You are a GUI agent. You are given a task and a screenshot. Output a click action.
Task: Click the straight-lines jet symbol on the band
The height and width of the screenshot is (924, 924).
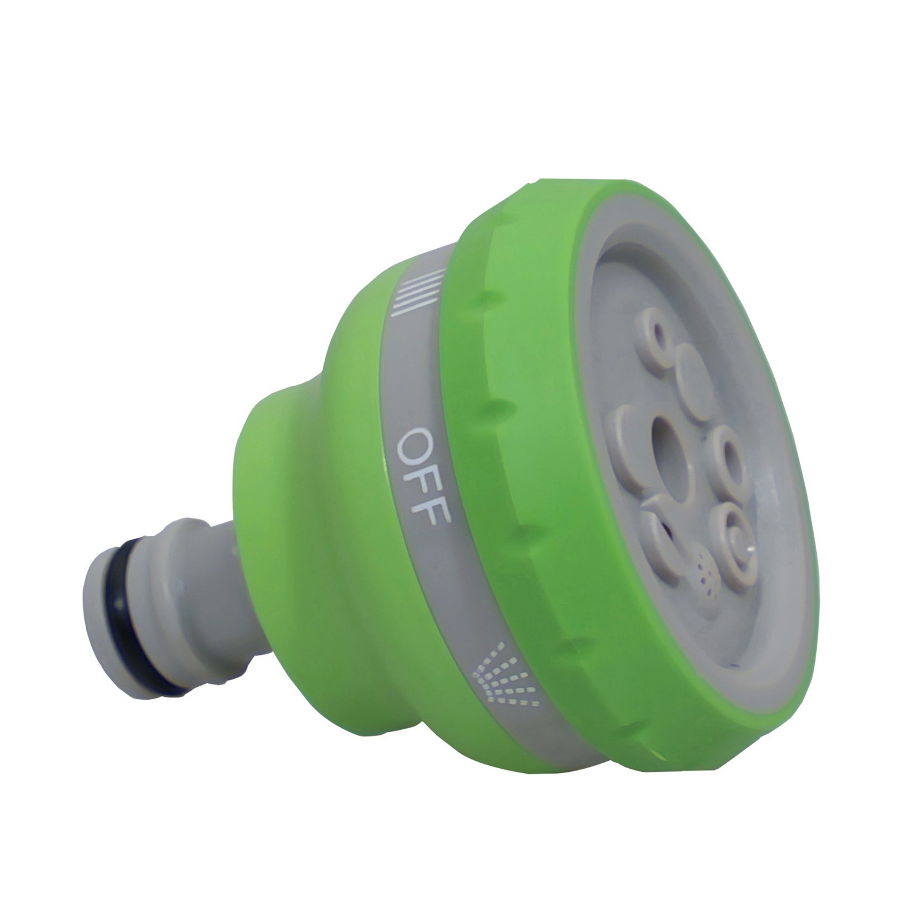tap(418, 292)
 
